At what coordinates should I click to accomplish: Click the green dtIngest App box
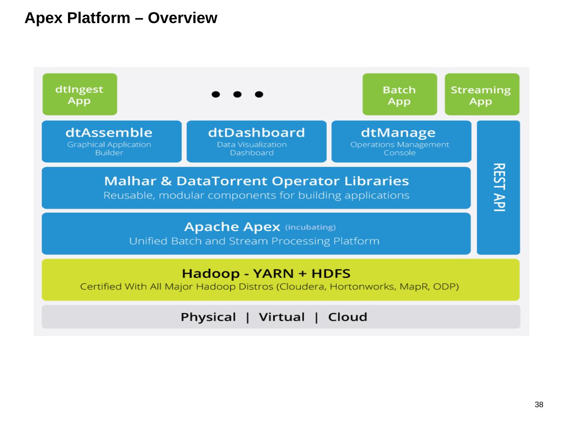(79, 95)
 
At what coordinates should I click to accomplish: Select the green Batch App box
(399, 95)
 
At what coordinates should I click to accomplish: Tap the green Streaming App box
(482, 95)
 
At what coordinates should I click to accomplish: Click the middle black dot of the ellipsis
(237, 95)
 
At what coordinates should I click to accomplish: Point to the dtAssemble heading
(109, 132)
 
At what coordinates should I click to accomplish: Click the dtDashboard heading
(256, 132)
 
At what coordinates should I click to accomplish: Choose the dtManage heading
(398, 132)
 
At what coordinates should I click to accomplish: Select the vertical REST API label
(499, 187)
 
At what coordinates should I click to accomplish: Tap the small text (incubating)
(310, 227)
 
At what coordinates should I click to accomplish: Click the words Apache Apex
(232, 227)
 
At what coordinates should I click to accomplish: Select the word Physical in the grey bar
(208, 317)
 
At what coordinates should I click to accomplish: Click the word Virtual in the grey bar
(281, 317)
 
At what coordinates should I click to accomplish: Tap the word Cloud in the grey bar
(348, 317)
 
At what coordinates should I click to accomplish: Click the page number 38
(539, 405)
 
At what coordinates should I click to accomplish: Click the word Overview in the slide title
(182, 18)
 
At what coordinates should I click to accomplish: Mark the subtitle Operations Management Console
(400, 148)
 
